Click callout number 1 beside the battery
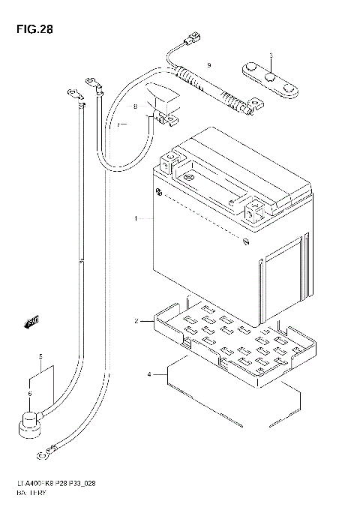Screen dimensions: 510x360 pos(136,219)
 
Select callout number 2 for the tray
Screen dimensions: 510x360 pos(137,321)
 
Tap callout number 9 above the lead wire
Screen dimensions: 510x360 pos(209,64)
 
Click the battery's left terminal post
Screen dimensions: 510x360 pos(171,160)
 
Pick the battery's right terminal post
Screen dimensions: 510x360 pos(253,205)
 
